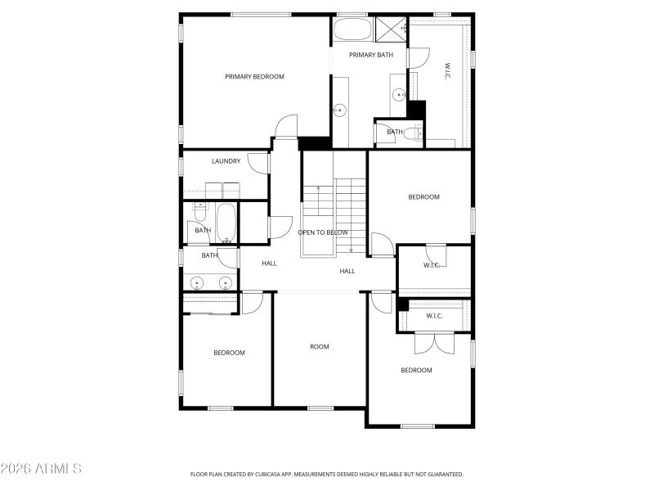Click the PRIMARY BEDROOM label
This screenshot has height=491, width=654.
[254, 77]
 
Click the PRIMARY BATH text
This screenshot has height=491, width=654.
[371, 55]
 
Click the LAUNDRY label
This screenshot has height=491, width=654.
[226, 161]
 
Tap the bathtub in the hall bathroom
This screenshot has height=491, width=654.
[226, 223]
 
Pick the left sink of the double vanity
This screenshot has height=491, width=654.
[196, 283]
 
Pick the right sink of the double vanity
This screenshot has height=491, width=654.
[224, 283]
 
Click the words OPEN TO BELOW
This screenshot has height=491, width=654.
[323, 232]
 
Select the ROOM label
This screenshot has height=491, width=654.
[319, 347]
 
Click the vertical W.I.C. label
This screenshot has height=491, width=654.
[448, 70]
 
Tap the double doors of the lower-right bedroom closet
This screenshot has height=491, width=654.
[434, 342]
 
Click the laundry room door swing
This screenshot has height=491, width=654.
[258, 162]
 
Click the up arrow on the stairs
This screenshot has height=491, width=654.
[317, 190]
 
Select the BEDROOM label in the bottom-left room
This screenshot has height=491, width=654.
[229, 353]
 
